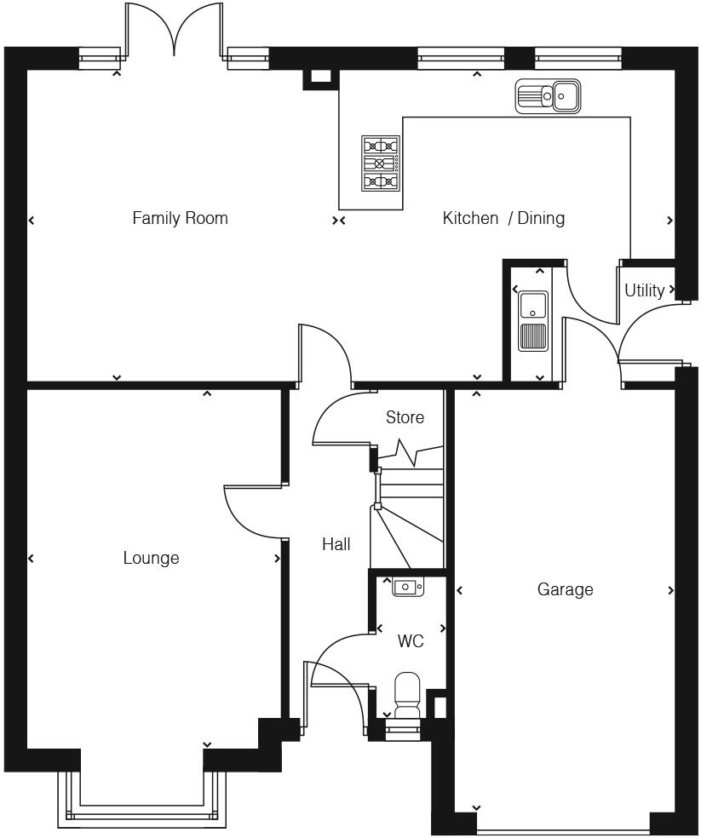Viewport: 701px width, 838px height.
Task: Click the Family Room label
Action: [180, 218]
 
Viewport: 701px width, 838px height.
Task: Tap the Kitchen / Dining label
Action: [503, 218]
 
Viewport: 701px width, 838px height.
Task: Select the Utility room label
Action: [644, 290]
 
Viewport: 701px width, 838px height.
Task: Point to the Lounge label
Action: [151, 558]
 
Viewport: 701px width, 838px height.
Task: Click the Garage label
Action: [565, 589]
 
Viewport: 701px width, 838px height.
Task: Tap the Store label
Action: [405, 417]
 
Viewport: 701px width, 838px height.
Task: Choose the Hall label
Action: [336, 544]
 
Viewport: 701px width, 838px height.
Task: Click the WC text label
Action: [411, 641]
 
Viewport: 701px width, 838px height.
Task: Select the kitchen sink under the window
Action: [548, 96]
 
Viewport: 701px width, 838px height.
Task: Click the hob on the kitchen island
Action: [381, 163]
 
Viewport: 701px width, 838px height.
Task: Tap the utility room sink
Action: [534, 320]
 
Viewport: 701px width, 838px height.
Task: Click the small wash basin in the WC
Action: [406, 586]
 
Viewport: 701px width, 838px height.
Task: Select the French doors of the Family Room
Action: [175, 30]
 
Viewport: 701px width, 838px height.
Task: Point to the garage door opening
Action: [562, 828]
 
